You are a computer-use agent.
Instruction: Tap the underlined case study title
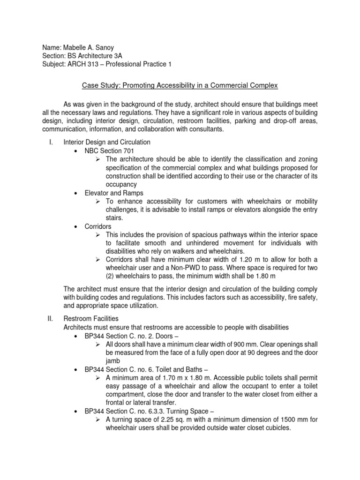(x=180, y=86)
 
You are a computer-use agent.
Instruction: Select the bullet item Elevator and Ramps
(x=114, y=193)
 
